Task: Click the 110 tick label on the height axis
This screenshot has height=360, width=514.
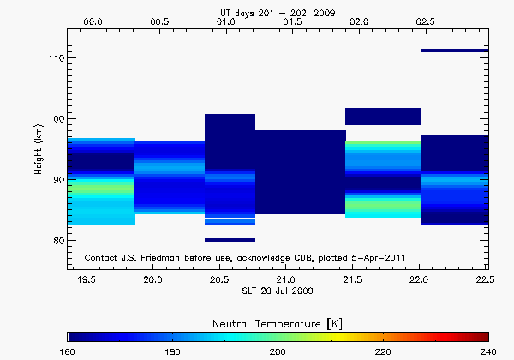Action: coord(51,57)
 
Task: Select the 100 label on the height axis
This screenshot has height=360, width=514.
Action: coord(51,118)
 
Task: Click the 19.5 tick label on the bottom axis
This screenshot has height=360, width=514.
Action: coord(87,280)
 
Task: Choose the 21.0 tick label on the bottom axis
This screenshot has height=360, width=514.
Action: coord(286,280)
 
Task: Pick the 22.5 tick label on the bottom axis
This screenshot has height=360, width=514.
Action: coord(486,280)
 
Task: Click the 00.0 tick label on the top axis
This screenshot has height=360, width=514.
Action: coord(93,21)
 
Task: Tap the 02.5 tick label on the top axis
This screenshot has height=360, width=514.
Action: coord(425,21)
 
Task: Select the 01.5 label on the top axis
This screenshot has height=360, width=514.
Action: coord(292,21)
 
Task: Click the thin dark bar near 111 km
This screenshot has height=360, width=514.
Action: coord(454,51)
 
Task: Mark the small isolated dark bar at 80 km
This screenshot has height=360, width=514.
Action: coord(230,240)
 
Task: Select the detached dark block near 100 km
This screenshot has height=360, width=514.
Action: coord(383,117)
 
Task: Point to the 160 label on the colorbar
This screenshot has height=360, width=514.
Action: coord(69,351)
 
